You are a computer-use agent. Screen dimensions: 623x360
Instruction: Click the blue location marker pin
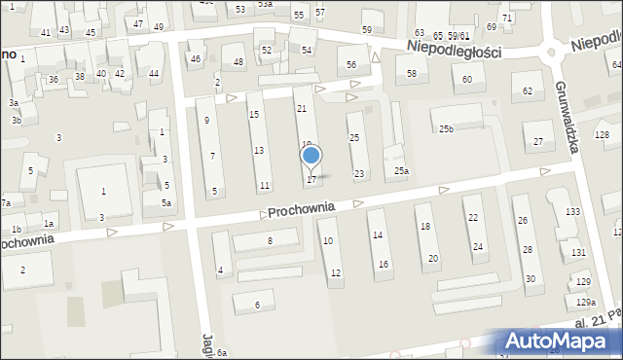pos(311,156)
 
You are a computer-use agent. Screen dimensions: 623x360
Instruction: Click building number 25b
pos(446,129)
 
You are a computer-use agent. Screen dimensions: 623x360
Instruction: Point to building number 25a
pos(401,171)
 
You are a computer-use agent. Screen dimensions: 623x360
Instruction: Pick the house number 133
pos(573,212)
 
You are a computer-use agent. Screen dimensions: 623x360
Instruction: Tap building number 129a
pos(585,303)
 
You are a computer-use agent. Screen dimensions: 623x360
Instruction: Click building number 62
pos(528,90)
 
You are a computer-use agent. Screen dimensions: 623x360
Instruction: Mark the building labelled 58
pos(412,73)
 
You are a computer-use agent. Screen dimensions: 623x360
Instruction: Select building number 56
pos(351,64)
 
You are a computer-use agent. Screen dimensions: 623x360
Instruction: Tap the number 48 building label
pos(238,62)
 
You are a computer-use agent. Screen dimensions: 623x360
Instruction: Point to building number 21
pos(302,109)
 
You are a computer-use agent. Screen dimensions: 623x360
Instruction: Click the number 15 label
pos(254,115)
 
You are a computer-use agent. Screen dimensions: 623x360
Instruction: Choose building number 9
pos(206,120)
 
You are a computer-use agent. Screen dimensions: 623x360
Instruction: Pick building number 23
pos(359,174)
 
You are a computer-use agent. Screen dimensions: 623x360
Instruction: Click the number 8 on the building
pos(270,240)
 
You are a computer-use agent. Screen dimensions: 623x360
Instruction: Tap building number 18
pos(423,226)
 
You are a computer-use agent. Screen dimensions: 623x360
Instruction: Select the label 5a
pos(167,203)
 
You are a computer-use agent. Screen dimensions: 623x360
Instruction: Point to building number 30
pos(530,279)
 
